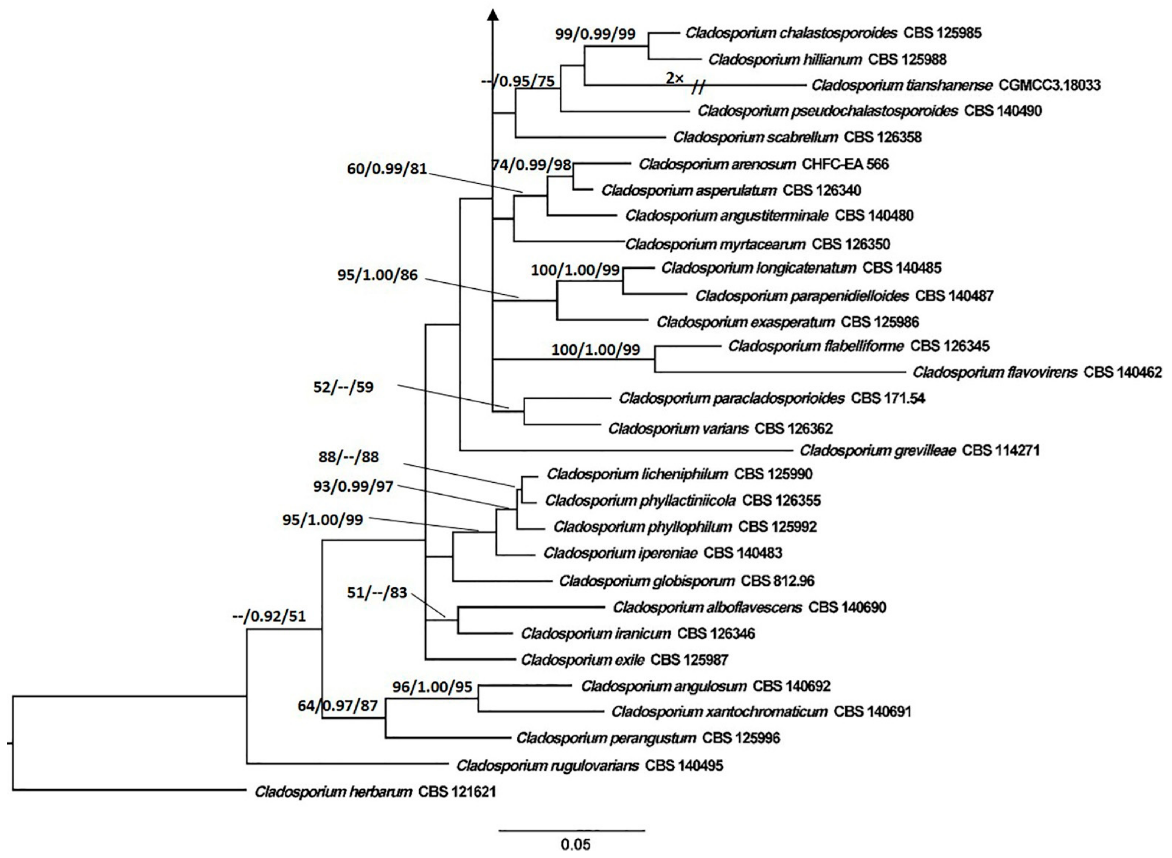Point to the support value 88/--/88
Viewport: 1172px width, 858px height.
(349, 457)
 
